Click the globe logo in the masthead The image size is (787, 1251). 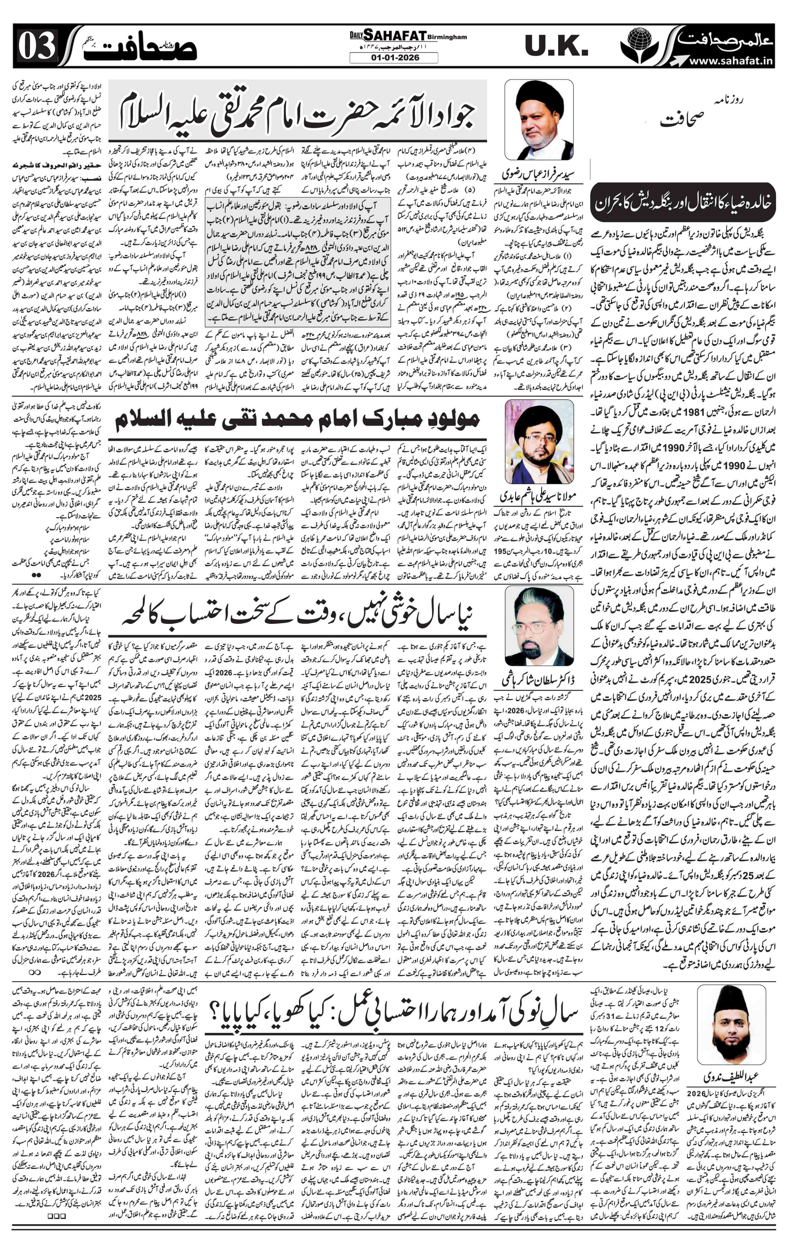click(639, 44)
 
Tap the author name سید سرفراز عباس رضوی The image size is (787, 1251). click(538, 173)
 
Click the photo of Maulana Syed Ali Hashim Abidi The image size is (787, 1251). click(539, 442)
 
